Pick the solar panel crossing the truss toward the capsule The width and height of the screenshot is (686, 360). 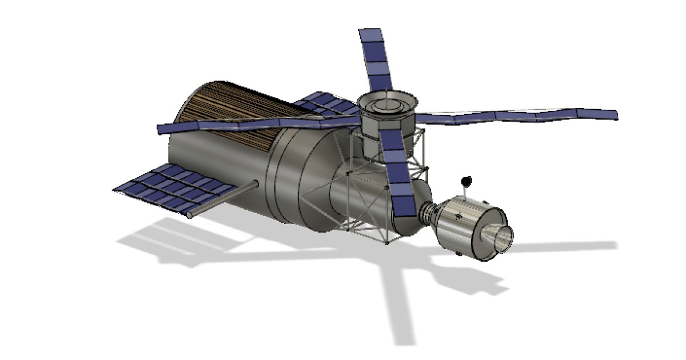tap(397, 177)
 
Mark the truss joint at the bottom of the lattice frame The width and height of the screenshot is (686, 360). tap(387, 242)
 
